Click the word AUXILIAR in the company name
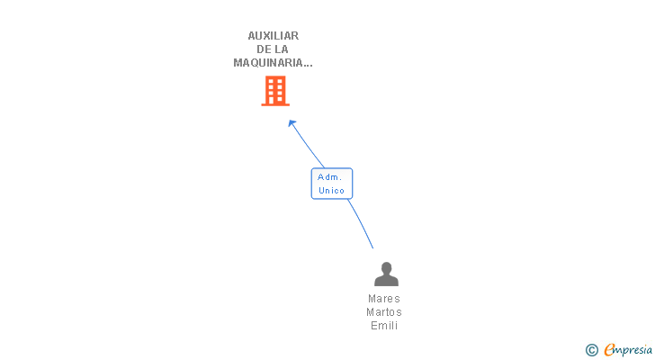(274, 36)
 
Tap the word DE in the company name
(265, 49)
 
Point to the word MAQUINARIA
(270, 63)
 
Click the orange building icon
(275, 91)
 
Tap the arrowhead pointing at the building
(292, 122)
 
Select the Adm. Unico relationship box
(332, 184)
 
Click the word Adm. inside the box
(330, 177)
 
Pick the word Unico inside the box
(332, 191)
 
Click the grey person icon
(386, 274)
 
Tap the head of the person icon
(386, 268)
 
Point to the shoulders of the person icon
(386, 281)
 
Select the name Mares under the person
(384, 299)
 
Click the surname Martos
(384, 312)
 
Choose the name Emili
(384, 326)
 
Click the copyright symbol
(592, 350)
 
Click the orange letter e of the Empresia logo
(610, 350)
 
